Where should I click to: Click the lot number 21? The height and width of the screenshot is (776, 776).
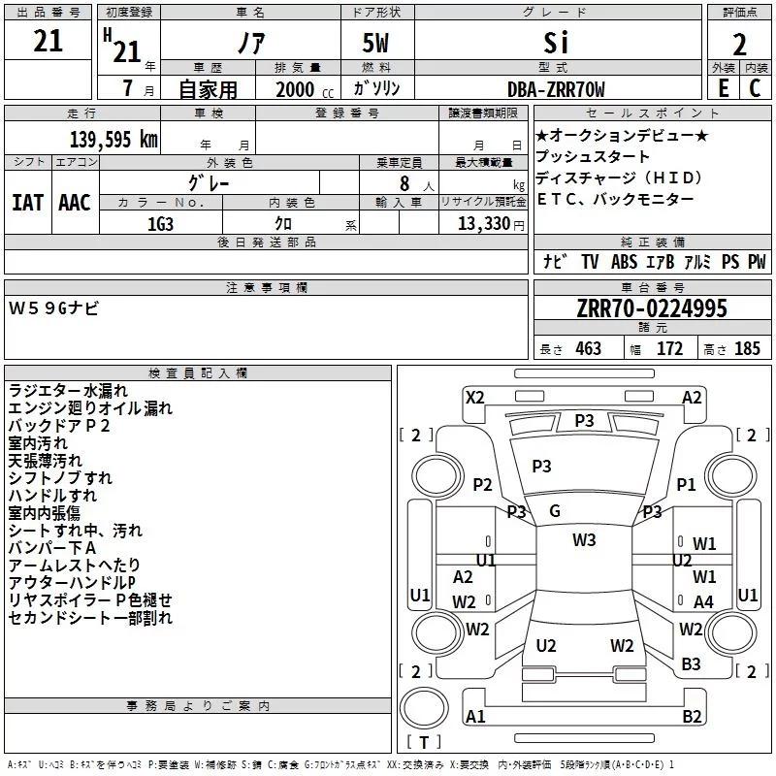click(x=48, y=41)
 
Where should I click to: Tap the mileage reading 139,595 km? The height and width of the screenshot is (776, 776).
click(x=113, y=139)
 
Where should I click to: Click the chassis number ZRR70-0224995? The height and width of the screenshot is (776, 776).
click(x=652, y=308)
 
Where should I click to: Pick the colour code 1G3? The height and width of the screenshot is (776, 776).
click(x=160, y=222)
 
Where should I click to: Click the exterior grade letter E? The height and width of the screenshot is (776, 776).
click(x=723, y=88)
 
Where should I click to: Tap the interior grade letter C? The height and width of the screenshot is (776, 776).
click(x=755, y=88)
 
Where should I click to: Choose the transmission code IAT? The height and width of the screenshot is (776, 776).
click(x=27, y=203)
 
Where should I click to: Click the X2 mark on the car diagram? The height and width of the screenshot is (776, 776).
click(x=474, y=397)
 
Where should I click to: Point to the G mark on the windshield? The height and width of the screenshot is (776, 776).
click(x=555, y=511)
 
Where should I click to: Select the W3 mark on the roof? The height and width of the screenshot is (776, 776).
click(x=584, y=539)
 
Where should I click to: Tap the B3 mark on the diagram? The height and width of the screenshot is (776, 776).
click(x=691, y=663)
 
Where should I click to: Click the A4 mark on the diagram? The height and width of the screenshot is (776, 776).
click(x=703, y=601)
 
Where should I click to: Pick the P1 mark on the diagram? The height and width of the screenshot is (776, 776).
click(x=687, y=484)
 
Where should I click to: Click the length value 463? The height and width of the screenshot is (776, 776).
click(x=588, y=349)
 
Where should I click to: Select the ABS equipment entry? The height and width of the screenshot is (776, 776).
click(x=626, y=262)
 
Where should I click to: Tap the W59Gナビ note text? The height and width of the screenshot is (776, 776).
click(x=53, y=308)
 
